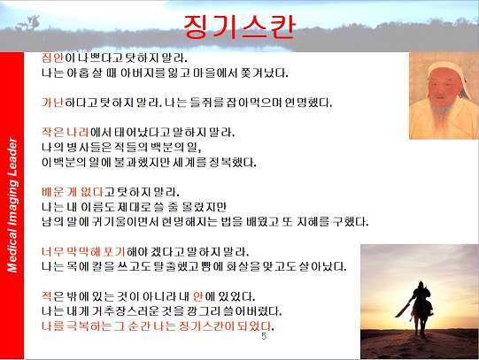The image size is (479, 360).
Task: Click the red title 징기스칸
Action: [239, 27]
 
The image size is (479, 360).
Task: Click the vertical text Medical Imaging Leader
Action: [12, 205]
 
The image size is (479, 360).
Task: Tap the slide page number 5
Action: [264, 336]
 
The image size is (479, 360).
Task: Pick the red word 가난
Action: [52, 103]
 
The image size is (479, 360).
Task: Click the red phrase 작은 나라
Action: [66, 133]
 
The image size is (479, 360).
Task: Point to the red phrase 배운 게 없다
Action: [73, 192]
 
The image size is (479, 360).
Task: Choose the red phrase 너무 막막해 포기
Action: [83, 252]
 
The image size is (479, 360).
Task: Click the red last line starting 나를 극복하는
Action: [158, 326]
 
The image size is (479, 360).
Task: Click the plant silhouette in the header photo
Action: [29, 24]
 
